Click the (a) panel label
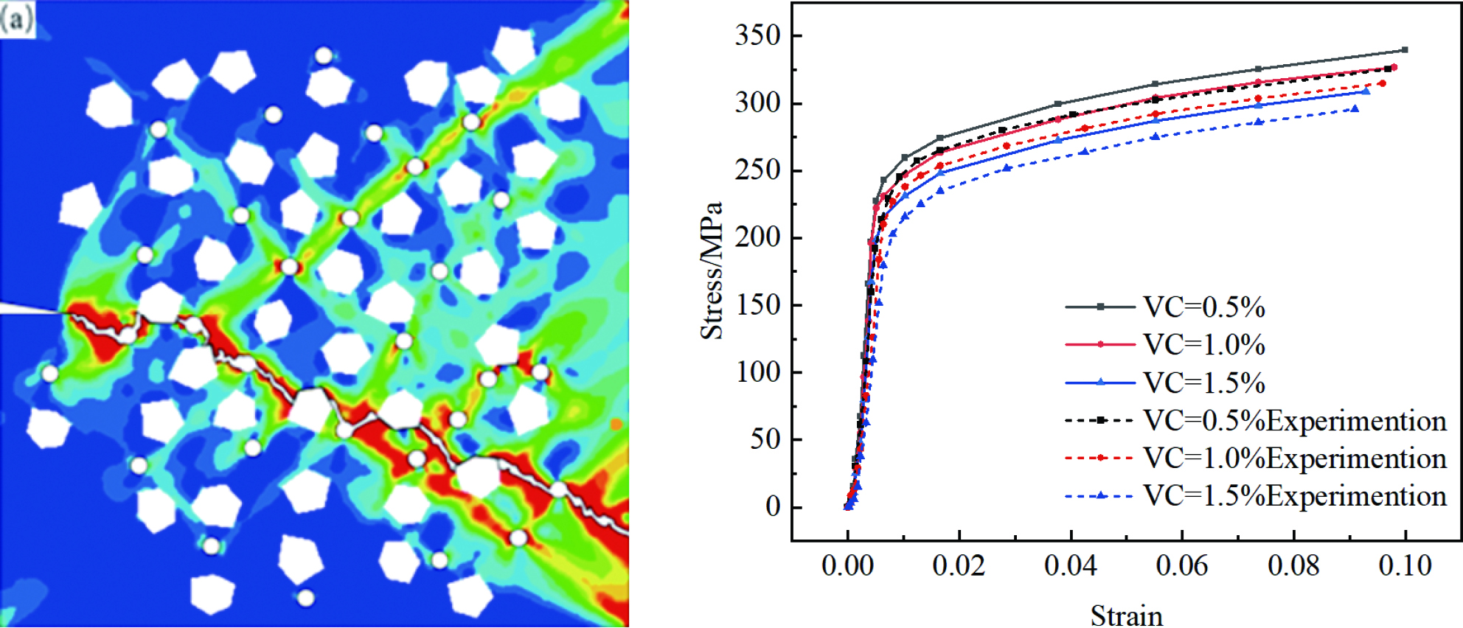pyautogui.click(x=16, y=18)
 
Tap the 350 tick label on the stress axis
pyautogui.click(x=757, y=35)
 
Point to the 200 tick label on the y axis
pyautogui.click(x=757, y=237)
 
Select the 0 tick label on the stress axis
pyautogui.click(x=773, y=507)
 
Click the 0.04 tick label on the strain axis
pyautogui.click(x=1070, y=566)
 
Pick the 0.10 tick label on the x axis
pyautogui.click(x=1405, y=566)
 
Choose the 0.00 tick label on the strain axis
pyautogui.click(x=847, y=566)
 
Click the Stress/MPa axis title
pyautogui.click(x=712, y=270)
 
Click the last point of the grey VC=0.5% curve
pyautogui.click(x=1405, y=50)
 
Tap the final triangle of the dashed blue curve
pyautogui.click(x=1355, y=109)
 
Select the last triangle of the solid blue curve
pyautogui.click(x=1366, y=91)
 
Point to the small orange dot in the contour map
pyautogui.click(x=616, y=424)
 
